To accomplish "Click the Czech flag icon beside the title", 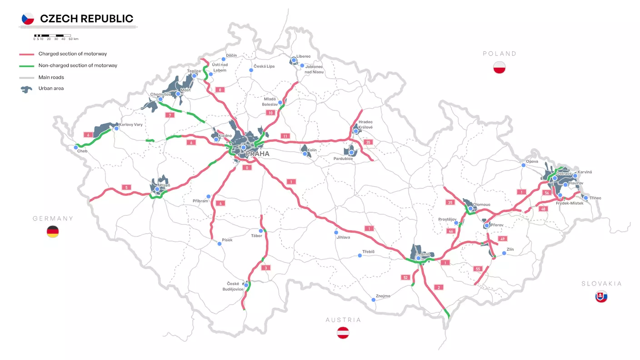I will tap(28, 19).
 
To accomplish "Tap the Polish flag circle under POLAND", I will tap(500, 67).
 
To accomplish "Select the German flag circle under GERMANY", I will tap(53, 232).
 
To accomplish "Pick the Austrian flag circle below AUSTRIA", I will tap(343, 333).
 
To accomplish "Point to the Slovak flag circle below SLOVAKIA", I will tap(601, 297).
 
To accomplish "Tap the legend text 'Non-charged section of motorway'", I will tap(78, 65).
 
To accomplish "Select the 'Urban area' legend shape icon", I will tap(26, 89).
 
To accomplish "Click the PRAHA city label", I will tap(257, 154).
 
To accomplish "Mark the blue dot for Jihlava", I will tap(336, 232).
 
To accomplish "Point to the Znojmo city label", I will tap(383, 296).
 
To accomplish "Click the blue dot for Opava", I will tap(524, 165).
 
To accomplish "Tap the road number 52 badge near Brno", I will tap(405, 277).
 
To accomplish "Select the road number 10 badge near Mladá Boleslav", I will tap(271, 113).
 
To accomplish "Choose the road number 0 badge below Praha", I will tap(247, 168).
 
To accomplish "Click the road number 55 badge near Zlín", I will tap(478, 269).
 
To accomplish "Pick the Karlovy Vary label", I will tap(131, 124).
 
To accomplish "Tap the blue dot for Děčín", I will tap(223, 59).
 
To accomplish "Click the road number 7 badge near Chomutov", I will tap(170, 115).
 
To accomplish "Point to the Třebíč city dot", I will tap(360, 255).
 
